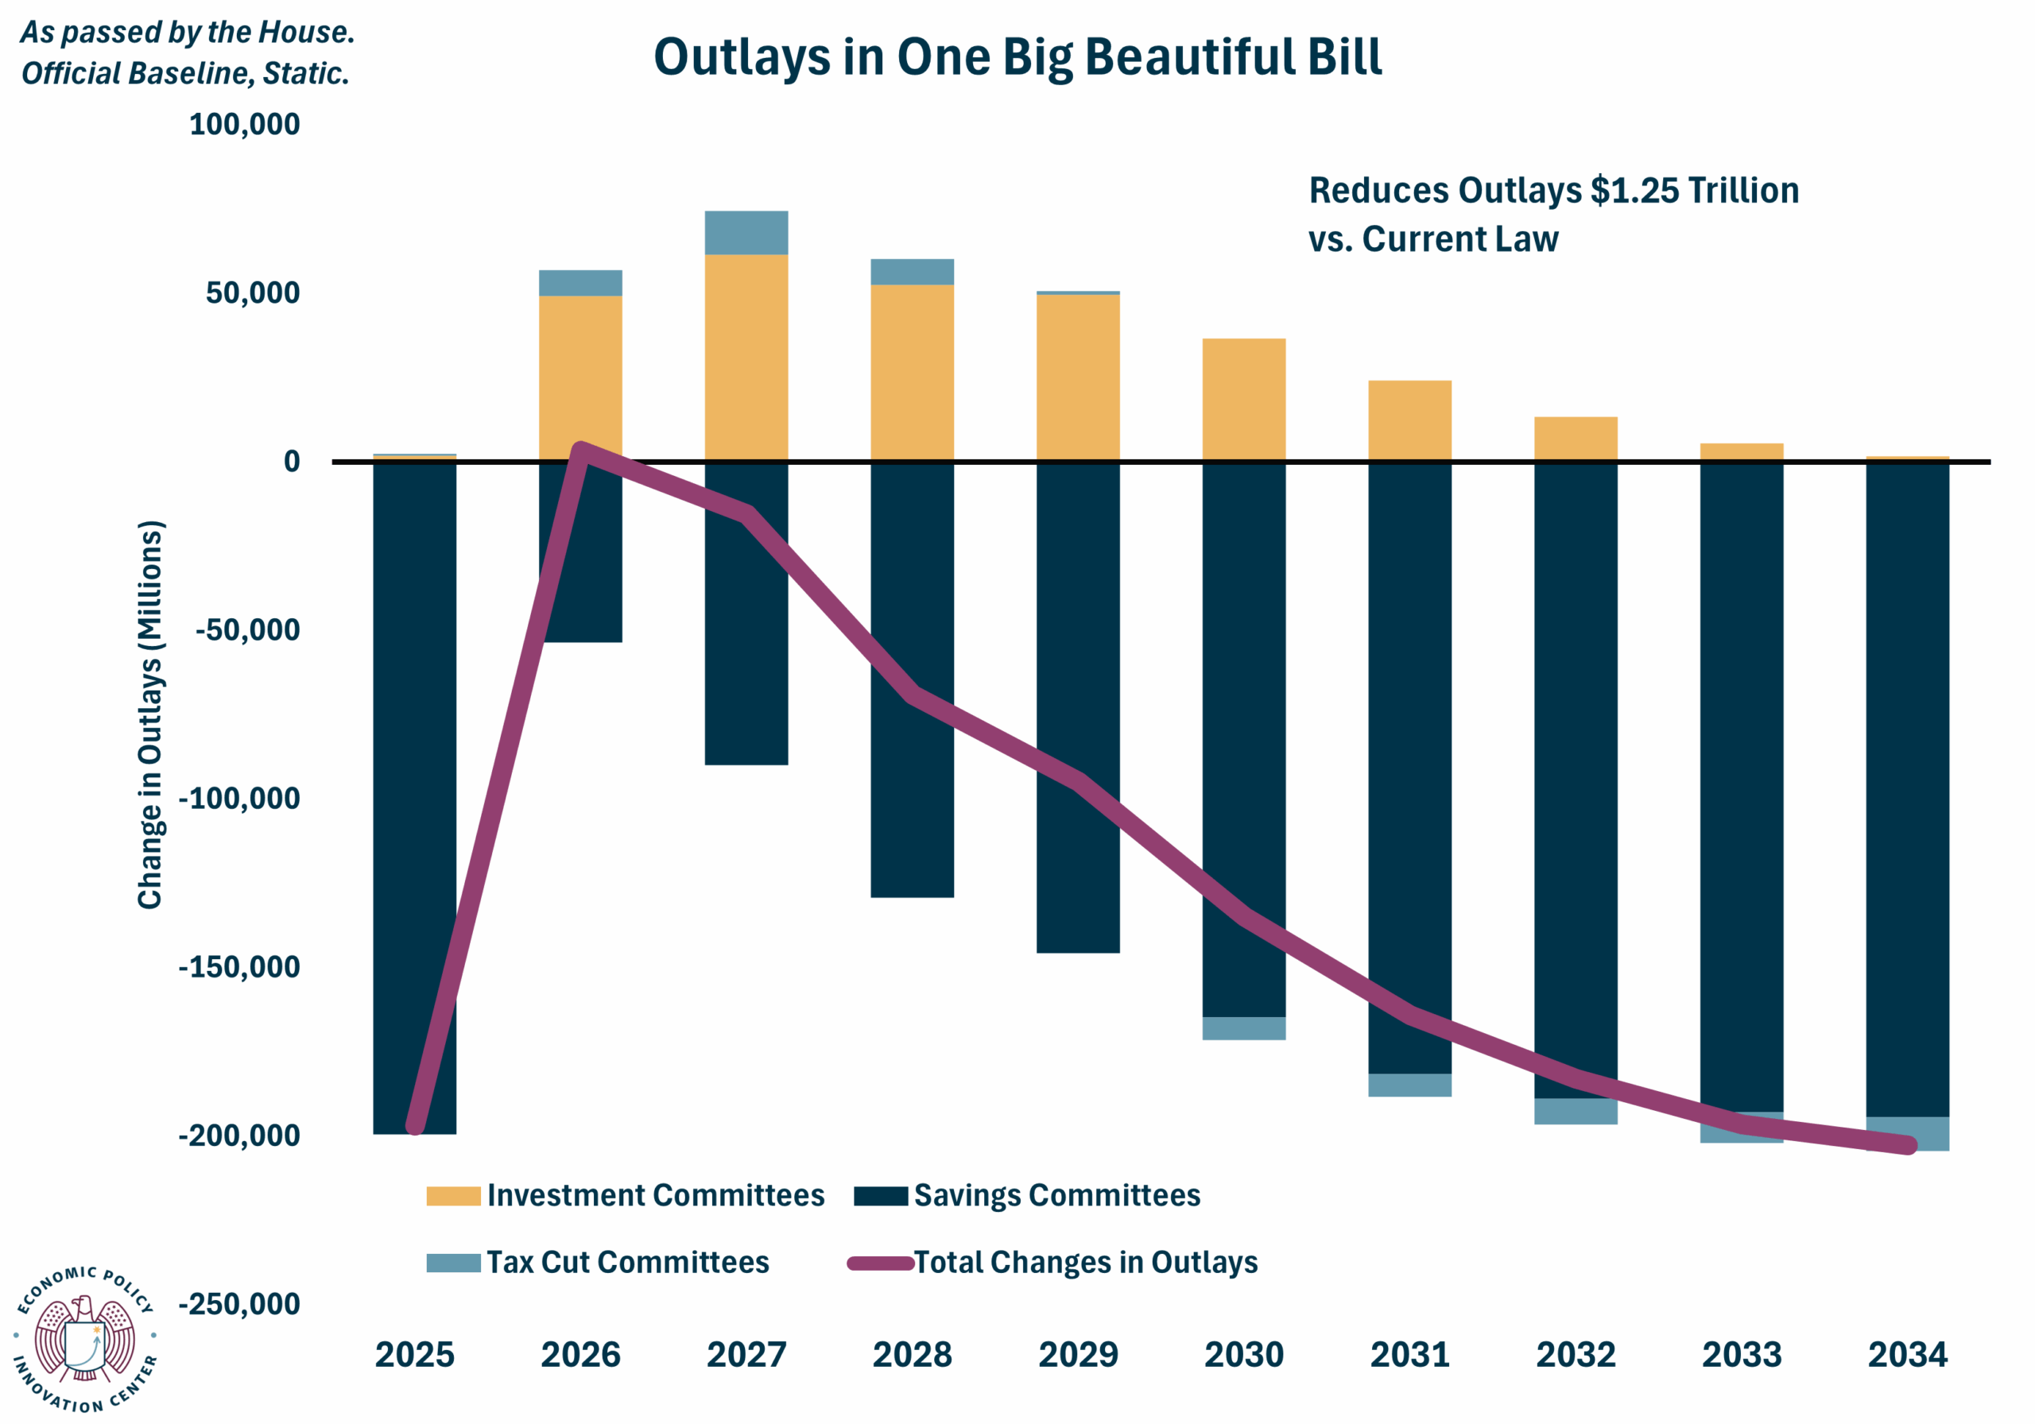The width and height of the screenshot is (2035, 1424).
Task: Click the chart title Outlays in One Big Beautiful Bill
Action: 1017,56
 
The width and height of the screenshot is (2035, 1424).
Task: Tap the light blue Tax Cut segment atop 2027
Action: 746,232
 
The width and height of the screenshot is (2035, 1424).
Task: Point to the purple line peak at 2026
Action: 580,449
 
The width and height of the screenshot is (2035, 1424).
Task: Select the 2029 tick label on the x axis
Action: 1077,1354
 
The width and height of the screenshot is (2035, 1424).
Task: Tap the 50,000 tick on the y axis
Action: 253,292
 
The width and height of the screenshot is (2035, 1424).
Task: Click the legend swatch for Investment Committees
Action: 453,1195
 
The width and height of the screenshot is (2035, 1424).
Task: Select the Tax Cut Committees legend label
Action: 627,1262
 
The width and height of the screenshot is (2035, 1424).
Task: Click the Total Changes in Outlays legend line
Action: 880,1263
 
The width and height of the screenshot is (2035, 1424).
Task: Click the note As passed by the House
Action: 187,33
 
